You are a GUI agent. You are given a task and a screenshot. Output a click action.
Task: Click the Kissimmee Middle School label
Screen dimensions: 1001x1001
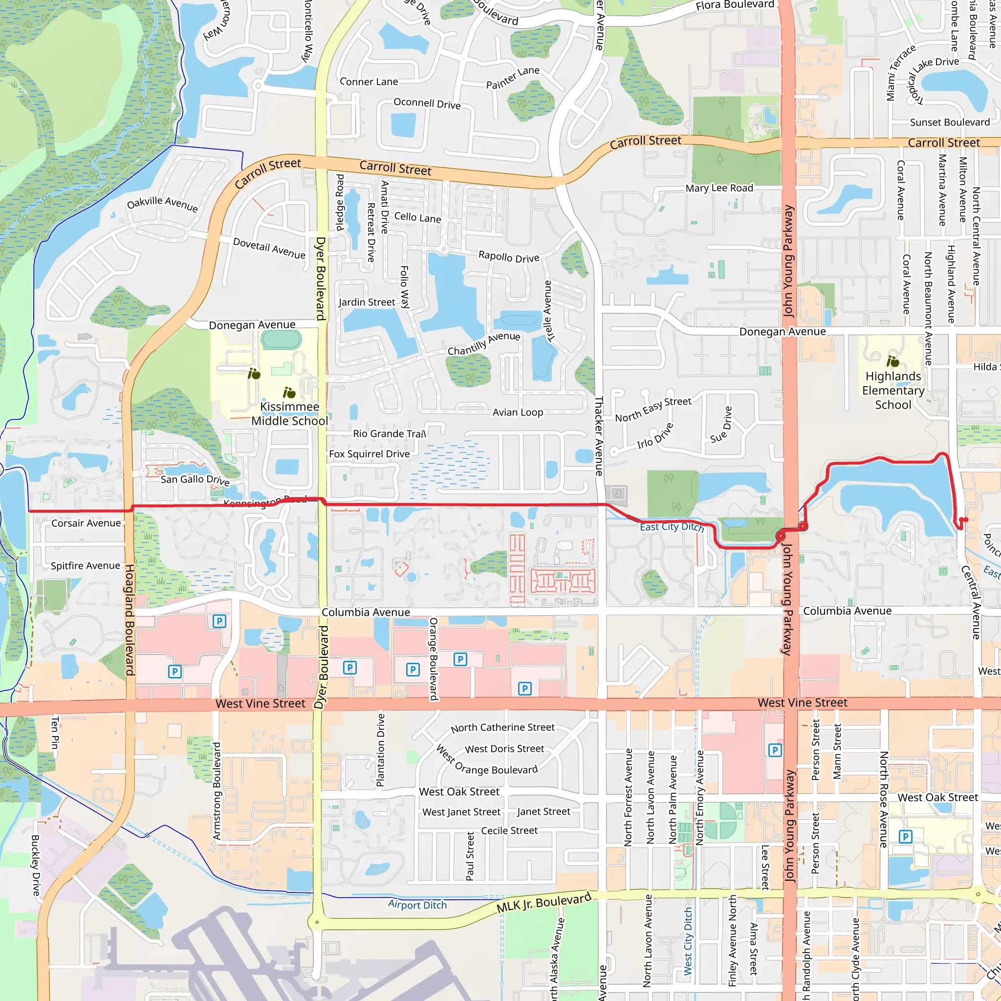point(289,413)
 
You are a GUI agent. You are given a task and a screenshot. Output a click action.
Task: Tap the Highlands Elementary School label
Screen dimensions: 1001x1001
point(893,390)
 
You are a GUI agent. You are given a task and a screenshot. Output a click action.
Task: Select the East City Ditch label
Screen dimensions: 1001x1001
point(672,527)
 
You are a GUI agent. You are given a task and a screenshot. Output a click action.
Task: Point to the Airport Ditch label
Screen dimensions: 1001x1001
point(417,905)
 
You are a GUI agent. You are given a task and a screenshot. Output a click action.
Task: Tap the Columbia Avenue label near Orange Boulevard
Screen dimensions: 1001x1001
point(366,612)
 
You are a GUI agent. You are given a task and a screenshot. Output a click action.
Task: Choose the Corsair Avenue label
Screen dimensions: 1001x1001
point(86,523)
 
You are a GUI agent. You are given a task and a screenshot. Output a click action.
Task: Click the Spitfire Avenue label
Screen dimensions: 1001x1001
point(86,566)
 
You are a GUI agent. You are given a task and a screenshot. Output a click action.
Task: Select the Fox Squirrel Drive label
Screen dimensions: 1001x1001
point(370,454)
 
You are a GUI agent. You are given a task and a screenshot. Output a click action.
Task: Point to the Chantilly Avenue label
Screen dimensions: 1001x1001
point(484,344)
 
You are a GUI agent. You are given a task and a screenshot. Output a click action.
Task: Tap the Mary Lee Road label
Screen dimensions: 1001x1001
point(719,188)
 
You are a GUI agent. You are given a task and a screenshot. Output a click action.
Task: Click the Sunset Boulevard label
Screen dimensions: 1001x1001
point(950,122)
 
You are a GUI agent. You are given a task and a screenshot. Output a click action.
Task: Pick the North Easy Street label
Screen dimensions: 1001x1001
point(653,409)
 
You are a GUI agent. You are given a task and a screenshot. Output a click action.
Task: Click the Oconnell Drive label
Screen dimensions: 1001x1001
point(427,103)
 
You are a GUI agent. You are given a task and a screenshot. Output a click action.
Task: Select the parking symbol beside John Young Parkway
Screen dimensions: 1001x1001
point(775,750)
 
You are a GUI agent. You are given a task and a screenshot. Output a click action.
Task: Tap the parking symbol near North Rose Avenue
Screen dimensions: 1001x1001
point(905,837)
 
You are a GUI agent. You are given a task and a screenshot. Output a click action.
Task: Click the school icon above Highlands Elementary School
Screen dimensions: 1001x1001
point(892,361)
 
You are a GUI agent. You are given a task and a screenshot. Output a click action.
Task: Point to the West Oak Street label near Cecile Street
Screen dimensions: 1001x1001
point(459,792)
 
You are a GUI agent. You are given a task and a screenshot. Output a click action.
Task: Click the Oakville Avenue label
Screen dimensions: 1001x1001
point(162,204)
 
